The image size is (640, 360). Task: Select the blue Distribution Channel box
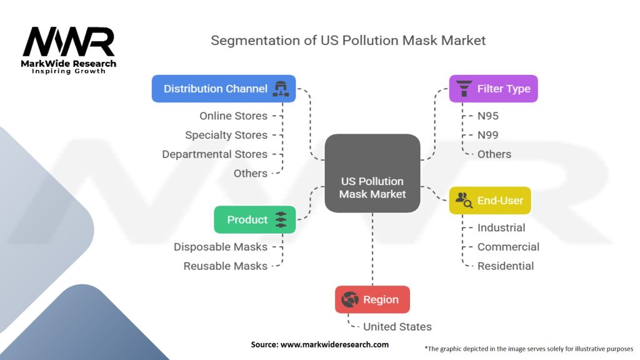pos(223,89)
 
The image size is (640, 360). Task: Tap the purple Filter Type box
pos(493,89)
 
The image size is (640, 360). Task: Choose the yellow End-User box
pos(490,201)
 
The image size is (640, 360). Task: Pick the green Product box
pos(254,219)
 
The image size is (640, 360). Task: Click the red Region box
pos(372,299)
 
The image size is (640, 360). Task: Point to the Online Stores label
pos(233,116)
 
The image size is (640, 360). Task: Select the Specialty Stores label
pos(226,135)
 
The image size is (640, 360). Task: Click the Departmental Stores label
pos(214,154)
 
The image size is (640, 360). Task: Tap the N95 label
pos(487,116)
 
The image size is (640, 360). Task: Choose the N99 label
pos(487,135)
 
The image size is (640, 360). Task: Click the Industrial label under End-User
pos(501,227)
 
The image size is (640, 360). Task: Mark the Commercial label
pos(508,247)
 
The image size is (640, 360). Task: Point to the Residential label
pos(505,266)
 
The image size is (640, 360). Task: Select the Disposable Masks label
pos(220,247)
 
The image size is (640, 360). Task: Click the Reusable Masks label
pos(225,266)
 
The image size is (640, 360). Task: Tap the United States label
pos(397,326)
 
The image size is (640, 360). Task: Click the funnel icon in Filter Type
pos(464,89)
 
